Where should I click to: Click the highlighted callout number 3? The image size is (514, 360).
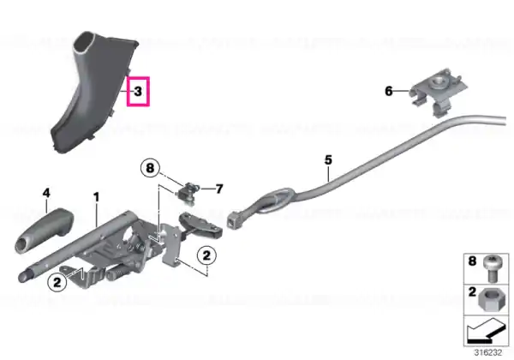[x=138, y=91]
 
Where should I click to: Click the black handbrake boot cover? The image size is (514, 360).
[x=93, y=91]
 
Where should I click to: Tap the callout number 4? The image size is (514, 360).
[x=46, y=193]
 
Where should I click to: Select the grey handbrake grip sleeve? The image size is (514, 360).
[x=44, y=231]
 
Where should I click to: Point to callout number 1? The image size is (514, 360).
[x=96, y=197]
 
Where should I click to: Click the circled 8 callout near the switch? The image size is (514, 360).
[x=150, y=168]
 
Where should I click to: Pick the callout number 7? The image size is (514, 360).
[x=219, y=189]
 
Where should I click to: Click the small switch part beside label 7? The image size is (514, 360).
[x=188, y=194]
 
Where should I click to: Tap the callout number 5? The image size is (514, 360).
[x=328, y=160]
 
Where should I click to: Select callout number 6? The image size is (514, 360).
[x=388, y=91]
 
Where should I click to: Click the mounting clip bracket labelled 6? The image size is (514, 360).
[x=438, y=92]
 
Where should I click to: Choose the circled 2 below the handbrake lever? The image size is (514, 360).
[x=57, y=282]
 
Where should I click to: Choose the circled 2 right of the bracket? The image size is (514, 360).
[x=206, y=255]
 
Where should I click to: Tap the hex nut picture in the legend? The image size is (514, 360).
[x=489, y=299]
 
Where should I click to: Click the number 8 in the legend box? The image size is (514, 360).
[x=472, y=261]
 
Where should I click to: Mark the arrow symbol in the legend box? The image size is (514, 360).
[x=487, y=331]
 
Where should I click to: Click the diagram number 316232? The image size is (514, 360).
[x=488, y=352]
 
